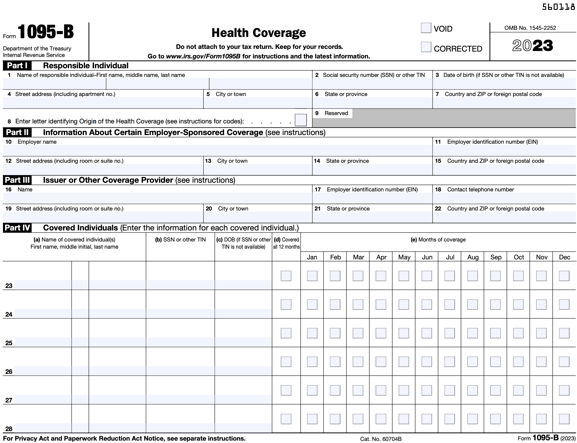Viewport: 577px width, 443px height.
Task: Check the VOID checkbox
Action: tap(426, 28)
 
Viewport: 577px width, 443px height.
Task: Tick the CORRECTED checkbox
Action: tap(426, 47)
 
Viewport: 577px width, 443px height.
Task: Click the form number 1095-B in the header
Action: tap(45, 32)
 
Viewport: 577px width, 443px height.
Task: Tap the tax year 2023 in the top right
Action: tap(533, 46)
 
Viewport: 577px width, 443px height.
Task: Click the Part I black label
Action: tap(17, 66)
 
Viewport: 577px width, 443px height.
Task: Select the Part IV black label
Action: tap(17, 228)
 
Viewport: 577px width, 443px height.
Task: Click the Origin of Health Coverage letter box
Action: tap(300, 120)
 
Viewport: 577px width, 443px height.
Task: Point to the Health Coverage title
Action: tap(259, 33)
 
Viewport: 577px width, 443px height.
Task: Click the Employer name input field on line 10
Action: tap(217, 150)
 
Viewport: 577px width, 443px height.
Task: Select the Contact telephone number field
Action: tap(504, 198)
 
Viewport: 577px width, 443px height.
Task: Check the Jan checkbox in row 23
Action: tap(312, 276)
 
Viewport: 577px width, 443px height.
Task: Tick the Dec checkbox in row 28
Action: tap(564, 419)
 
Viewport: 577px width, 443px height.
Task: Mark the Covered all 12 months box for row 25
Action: tap(286, 333)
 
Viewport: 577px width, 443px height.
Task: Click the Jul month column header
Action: tap(450, 257)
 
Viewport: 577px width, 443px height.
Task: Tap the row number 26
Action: tap(9, 371)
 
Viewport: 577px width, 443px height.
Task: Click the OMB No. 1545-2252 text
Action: tap(530, 28)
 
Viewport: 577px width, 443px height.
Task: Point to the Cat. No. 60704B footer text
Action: tap(381, 439)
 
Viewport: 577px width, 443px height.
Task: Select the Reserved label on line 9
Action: tap(336, 113)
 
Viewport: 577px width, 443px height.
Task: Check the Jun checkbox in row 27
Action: tap(427, 390)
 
